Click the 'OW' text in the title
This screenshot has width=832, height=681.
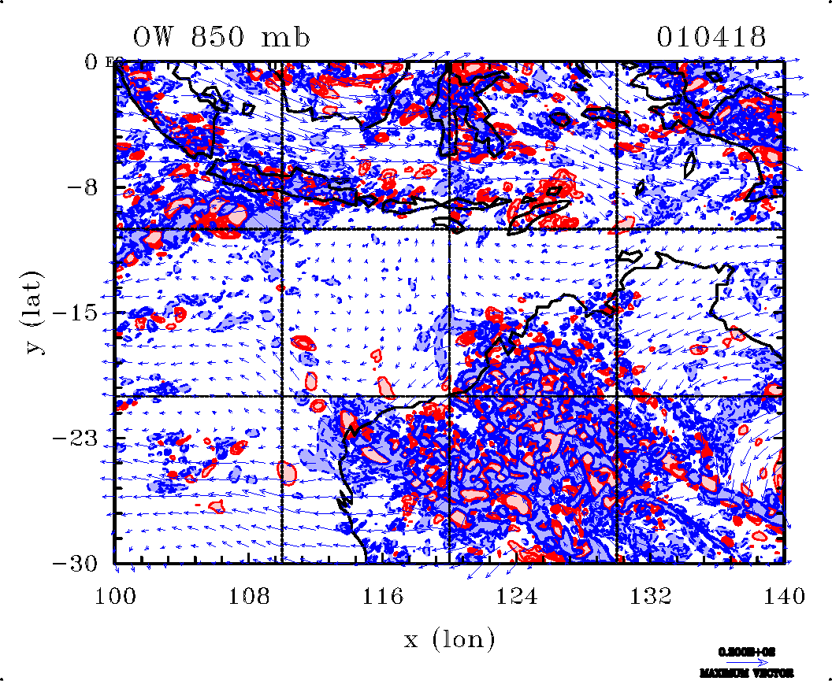tap(150, 36)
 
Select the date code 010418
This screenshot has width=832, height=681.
tap(711, 36)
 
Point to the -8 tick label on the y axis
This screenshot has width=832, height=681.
tap(84, 187)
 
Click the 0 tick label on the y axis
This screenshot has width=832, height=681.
tap(91, 61)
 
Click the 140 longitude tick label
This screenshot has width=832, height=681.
tap(784, 597)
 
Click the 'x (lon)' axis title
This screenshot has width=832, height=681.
tap(450, 639)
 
